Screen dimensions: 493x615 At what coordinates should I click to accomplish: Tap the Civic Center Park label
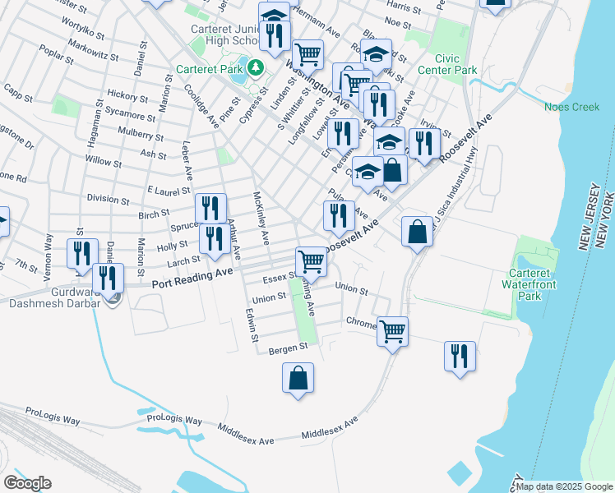point(456,65)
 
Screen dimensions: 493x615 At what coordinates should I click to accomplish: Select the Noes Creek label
point(572,107)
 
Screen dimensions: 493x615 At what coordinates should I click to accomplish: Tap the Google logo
point(27,483)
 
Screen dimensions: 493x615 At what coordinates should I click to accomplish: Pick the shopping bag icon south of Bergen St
point(298,380)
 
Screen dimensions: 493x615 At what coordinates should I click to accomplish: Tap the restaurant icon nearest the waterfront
point(459,356)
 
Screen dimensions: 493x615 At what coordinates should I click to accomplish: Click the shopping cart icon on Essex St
point(312,261)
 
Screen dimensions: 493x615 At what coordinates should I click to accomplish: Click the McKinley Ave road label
point(261,219)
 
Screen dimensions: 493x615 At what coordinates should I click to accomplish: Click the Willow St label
point(104,160)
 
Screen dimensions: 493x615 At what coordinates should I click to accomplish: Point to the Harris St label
point(403,6)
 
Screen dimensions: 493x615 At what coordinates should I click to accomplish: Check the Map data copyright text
point(564,486)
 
